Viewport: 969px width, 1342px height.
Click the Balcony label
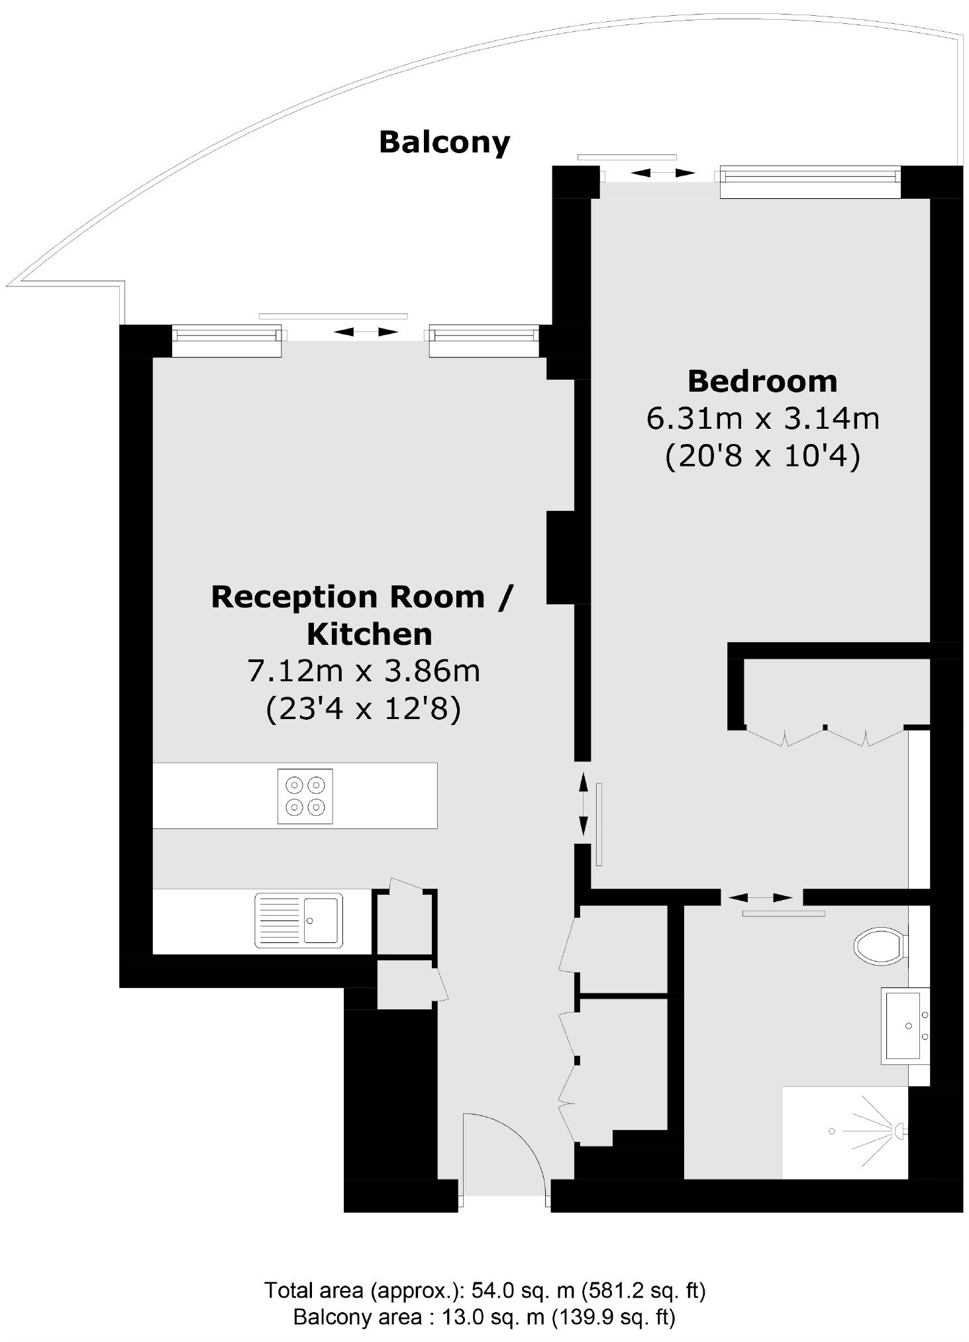(444, 142)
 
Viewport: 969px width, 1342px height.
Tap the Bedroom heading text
(762, 382)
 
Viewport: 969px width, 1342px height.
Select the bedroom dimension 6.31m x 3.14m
(763, 419)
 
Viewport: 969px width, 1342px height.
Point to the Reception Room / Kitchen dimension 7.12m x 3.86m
(364, 671)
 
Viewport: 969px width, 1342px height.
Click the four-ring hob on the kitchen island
(305, 796)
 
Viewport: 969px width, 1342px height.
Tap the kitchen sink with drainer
(299, 921)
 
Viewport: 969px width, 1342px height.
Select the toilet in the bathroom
(881, 945)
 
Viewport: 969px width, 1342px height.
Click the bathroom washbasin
(905, 1026)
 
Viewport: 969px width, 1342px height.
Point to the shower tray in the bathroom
(845, 1133)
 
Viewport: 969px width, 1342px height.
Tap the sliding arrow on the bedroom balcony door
(662, 174)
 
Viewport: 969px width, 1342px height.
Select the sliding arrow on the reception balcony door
(366, 332)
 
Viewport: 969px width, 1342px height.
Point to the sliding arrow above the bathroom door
(760, 898)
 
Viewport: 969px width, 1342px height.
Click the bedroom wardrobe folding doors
(825, 735)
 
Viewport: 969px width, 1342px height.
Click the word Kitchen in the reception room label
(370, 635)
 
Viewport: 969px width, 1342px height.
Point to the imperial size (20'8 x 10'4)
(763, 457)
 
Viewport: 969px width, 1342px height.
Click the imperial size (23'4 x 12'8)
(364, 709)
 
